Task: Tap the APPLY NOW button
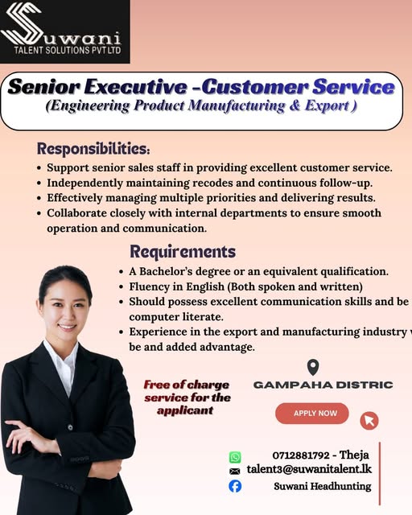click(x=311, y=414)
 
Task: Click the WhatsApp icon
click(x=235, y=457)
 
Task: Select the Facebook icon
click(x=235, y=486)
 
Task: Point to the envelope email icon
click(x=235, y=471)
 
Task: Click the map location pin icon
click(x=313, y=368)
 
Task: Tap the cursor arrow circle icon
click(x=369, y=420)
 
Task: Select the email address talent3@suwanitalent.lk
click(x=309, y=469)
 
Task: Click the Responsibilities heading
click(x=93, y=149)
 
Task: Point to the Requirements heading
click(x=183, y=252)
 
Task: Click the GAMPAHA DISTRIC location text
click(x=323, y=385)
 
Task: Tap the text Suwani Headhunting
click(x=322, y=486)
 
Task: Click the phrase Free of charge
click(x=187, y=385)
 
